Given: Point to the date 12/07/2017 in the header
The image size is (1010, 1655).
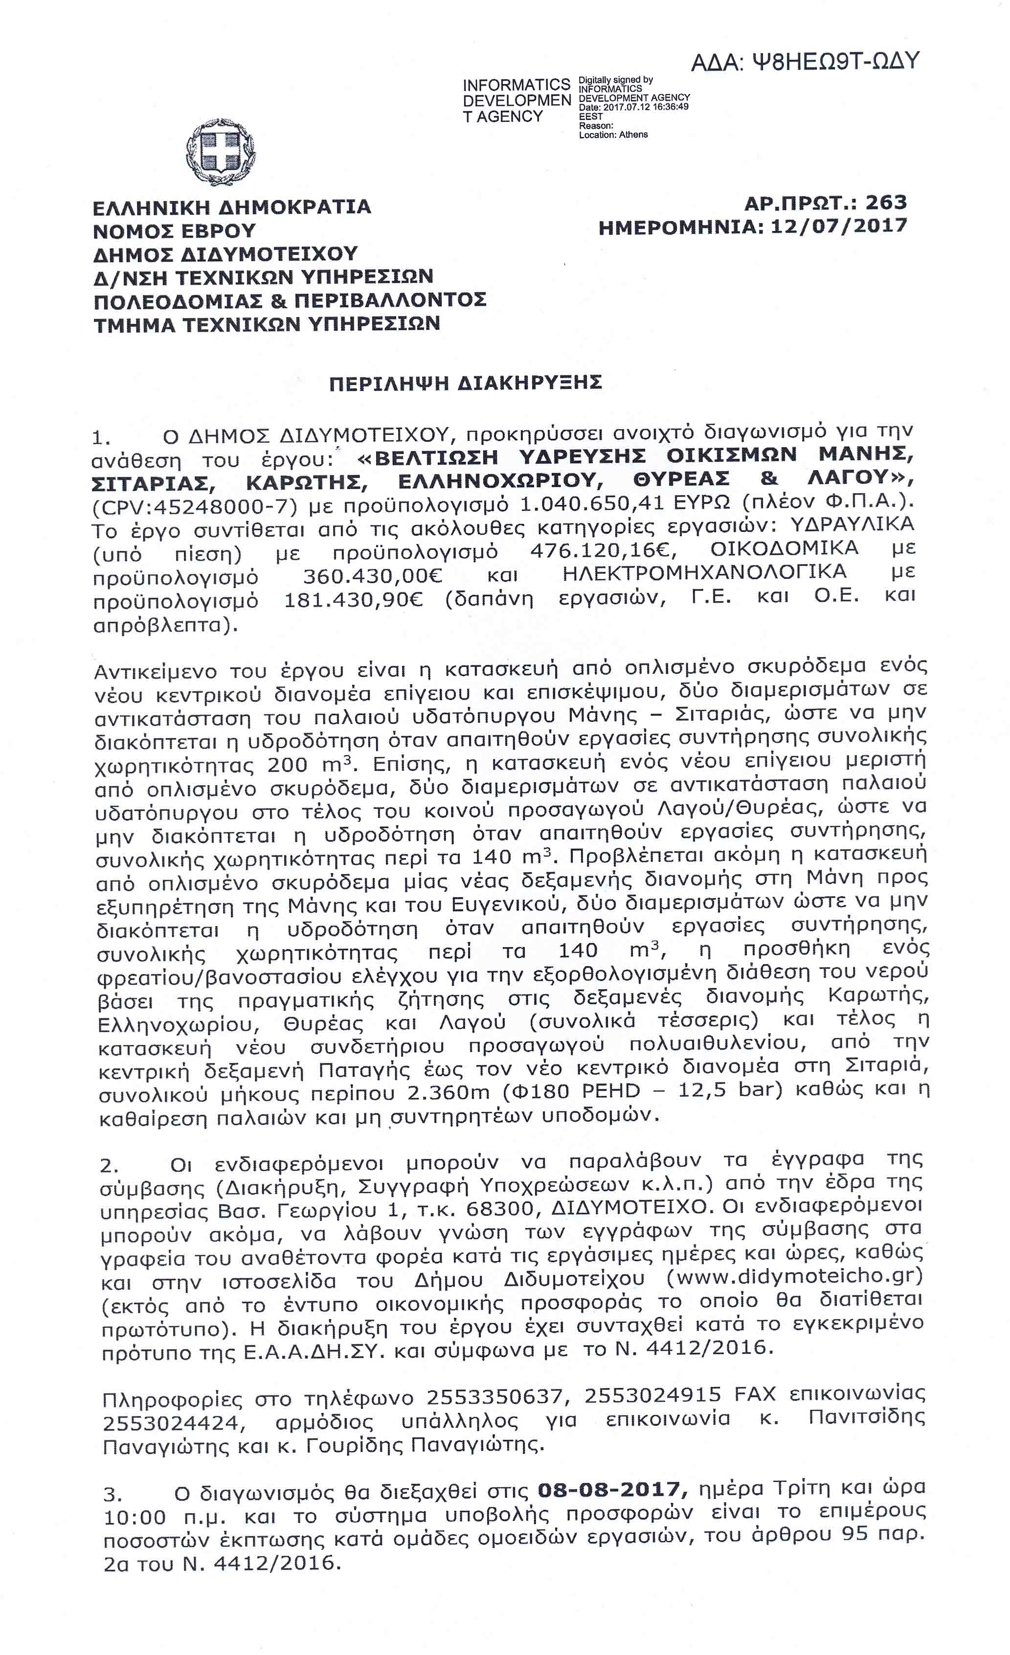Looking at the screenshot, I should click(839, 226).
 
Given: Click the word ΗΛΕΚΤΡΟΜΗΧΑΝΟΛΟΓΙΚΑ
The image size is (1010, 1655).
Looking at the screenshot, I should click(704, 572).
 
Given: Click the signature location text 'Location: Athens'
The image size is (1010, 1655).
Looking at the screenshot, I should click(613, 135).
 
